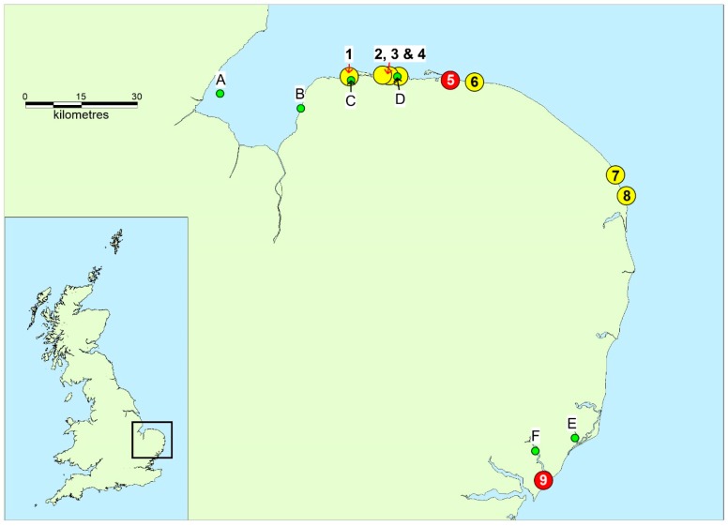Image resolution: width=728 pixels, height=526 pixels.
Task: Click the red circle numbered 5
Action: point(450,81)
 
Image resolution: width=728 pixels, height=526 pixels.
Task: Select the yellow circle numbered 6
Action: point(475,83)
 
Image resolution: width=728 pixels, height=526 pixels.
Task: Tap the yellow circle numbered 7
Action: point(615,175)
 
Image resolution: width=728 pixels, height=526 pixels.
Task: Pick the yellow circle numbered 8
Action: point(627,196)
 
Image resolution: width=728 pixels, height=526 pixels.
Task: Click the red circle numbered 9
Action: point(543,480)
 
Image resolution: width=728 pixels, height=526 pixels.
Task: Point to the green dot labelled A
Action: point(220,94)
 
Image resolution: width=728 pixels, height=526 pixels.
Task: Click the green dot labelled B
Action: point(301,109)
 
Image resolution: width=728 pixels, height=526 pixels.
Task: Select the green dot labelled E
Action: point(575,438)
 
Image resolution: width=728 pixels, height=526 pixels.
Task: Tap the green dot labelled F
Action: point(535,451)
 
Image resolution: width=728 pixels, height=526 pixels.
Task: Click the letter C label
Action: point(351,100)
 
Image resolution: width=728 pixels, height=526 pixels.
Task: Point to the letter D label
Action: point(400,98)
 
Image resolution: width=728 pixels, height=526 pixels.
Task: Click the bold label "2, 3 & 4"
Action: point(400,54)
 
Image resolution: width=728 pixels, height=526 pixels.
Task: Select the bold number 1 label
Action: point(349,54)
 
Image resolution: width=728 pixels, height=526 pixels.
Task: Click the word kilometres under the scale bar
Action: point(82,114)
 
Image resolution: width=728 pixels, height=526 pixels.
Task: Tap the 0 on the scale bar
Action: point(25,97)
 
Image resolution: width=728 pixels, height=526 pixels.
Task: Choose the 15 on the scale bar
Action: point(82,97)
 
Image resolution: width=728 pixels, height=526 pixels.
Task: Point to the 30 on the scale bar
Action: point(137,97)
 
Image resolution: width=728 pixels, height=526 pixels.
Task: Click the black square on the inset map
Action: point(132,440)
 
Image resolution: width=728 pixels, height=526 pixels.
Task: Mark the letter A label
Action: point(220,81)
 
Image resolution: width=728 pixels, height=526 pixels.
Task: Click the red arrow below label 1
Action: point(349,68)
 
